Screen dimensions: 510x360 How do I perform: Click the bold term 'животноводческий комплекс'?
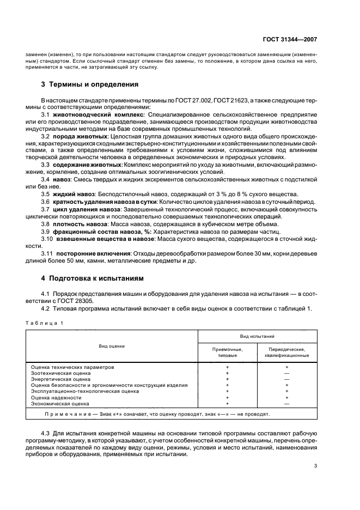98,116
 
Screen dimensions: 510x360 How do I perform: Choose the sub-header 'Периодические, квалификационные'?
287,353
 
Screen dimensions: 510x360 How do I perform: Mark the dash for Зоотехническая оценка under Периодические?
287,373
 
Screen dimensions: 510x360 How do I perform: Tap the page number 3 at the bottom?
315,466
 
